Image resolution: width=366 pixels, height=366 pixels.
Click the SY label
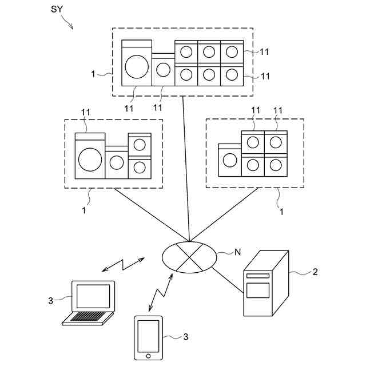click(57, 9)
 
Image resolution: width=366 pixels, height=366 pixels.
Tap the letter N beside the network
click(237, 252)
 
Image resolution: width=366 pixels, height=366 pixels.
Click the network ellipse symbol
click(189, 257)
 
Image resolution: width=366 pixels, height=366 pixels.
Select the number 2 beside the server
click(315, 272)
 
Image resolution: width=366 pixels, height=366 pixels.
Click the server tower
click(266, 283)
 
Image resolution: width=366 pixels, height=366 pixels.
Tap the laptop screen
click(93, 296)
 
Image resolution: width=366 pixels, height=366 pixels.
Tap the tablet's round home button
click(148, 356)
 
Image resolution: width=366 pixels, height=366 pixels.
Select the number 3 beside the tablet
click(185, 337)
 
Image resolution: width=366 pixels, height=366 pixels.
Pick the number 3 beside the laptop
click(51, 301)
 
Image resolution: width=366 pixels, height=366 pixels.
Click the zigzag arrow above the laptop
click(124, 265)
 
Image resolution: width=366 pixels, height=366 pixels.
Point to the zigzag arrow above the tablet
click(161, 292)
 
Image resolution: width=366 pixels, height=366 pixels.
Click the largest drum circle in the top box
click(137, 67)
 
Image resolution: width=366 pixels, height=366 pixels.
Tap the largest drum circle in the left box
click(90, 160)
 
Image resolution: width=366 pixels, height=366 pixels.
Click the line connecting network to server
click(228, 280)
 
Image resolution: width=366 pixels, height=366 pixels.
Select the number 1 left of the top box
click(93, 74)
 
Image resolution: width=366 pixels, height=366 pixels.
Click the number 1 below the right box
click(281, 212)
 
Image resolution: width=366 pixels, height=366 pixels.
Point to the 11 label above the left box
click(85, 112)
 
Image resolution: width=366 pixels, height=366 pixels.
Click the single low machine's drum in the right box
click(230, 160)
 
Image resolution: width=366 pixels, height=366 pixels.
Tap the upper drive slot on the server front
click(258, 276)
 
